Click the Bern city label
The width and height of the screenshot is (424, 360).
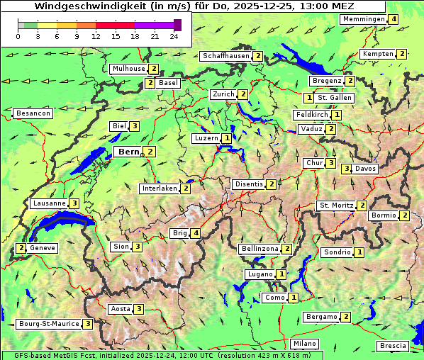128,152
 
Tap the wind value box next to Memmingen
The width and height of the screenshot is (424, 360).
394,19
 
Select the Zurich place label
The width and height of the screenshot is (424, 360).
223,94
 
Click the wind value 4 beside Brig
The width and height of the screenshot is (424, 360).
196,233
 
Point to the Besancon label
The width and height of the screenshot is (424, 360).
33,113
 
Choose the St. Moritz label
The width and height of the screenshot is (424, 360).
336,206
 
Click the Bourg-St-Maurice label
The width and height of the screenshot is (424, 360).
48,324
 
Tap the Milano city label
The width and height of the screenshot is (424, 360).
305,344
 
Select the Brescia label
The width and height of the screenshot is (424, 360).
393,346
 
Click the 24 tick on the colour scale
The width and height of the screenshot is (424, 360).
174,36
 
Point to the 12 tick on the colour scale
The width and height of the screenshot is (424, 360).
96,36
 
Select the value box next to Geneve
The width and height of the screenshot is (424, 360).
22,248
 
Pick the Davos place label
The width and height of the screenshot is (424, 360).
366,169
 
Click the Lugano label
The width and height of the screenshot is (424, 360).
260,274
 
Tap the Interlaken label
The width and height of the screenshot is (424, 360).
160,189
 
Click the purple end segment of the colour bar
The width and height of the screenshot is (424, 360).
177,25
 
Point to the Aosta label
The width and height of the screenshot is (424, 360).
121,309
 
